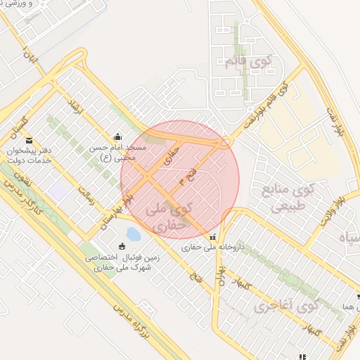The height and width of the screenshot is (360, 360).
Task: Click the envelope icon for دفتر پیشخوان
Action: (x=29, y=141)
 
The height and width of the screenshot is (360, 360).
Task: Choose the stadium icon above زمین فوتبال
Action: (x=123, y=246)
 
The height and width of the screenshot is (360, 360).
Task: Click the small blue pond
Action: (x=132, y=233)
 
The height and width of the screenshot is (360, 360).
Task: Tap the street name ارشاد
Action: (x=72, y=107)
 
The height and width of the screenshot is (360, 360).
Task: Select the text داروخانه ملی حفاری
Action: (x=206, y=248)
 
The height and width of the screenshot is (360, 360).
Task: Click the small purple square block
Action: (x=58, y=190)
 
